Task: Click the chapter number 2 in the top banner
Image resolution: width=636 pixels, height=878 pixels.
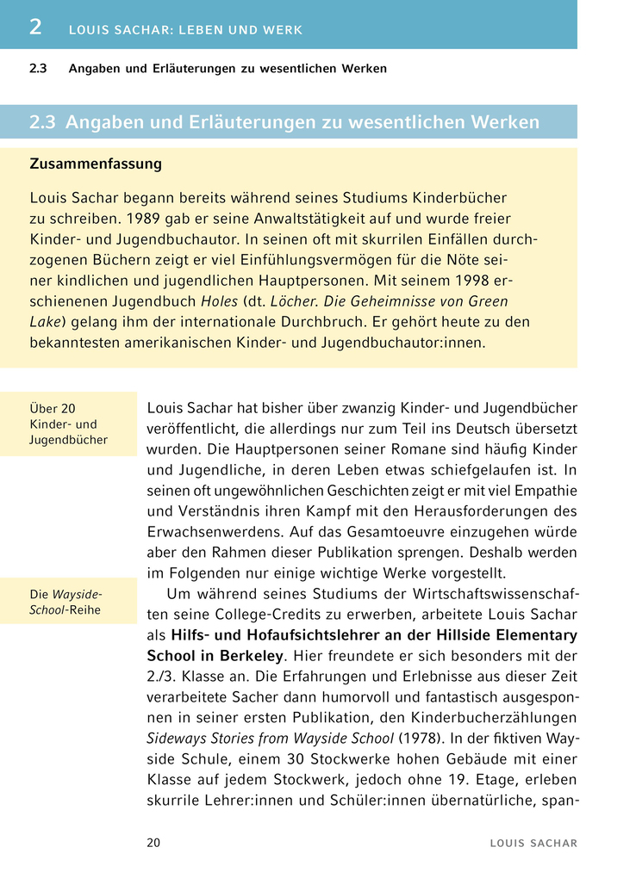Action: pyautogui.click(x=35, y=28)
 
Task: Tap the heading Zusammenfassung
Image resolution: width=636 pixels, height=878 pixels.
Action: pyautogui.click(x=96, y=164)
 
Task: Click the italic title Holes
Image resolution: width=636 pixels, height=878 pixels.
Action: pyautogui.click(x=220, y=301)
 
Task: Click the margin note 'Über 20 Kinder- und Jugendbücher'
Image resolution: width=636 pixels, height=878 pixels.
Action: pyautogui.click(x=69, y=424)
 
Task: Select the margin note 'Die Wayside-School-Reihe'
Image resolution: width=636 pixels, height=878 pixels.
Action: pyautogui.click(x=66, y=601)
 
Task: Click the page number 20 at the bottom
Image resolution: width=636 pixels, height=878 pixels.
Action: pyautogui.click(x=153, y=843)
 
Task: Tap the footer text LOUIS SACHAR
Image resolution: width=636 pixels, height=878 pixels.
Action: pyautogui.click(x=533, y=844)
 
